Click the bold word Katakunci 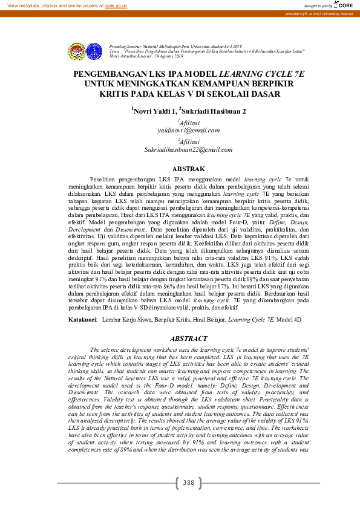point(83,318)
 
